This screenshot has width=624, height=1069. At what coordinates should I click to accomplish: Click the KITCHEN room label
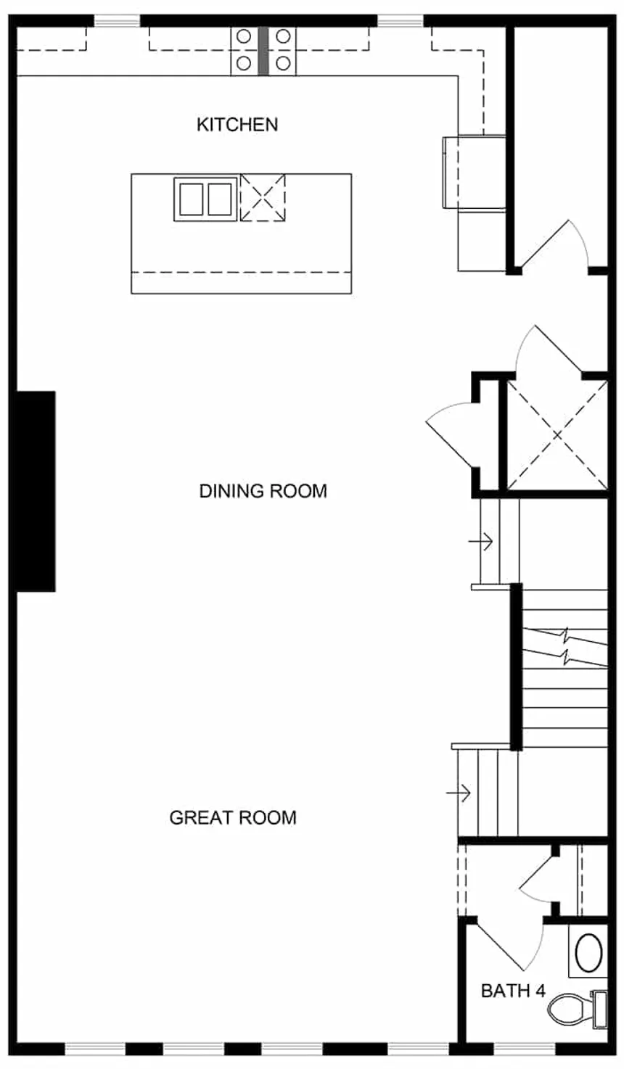237,125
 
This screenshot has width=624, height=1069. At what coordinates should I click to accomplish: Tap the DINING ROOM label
263,491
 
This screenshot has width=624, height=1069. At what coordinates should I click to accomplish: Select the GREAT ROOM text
233,817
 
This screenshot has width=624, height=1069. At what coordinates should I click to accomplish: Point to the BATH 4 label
513,990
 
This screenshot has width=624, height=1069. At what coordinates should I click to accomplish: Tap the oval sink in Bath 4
588,952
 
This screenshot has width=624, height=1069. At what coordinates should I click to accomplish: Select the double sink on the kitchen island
205,199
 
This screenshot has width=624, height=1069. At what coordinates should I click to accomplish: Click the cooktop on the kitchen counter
263,50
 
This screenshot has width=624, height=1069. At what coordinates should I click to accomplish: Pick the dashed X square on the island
263,197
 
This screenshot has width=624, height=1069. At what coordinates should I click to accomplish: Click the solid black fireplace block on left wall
36,491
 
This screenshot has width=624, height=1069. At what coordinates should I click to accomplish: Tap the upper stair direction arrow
480,540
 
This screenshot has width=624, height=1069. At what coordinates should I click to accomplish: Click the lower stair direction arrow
459,792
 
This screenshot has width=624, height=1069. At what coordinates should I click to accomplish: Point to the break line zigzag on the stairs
566,648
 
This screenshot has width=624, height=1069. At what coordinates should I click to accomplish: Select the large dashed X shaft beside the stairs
556,435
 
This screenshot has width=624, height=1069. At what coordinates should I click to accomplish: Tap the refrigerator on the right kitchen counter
475,173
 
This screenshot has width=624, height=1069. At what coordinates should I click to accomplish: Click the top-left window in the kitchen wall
117,22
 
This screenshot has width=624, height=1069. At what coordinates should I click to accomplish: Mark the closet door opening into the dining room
451,435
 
